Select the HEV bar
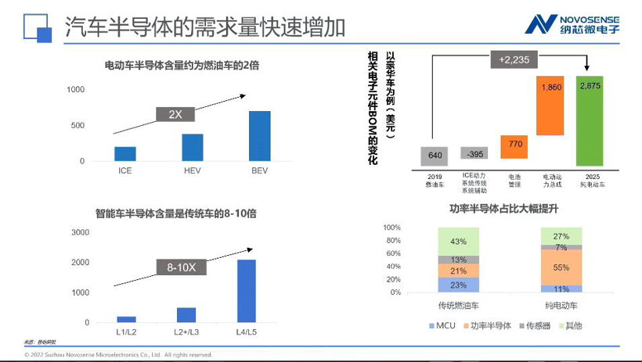[x=193, y=147]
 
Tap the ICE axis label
[x=125, y=170]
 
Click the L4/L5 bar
[x=246, y=290]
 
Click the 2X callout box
[x=175, y=114]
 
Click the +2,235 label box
[x=513, y=59]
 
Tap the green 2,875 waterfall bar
[x=590, y=120]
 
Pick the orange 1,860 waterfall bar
[x=550, y=105]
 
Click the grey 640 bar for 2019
[x=435, y=155]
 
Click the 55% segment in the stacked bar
[x=561, y=267]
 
